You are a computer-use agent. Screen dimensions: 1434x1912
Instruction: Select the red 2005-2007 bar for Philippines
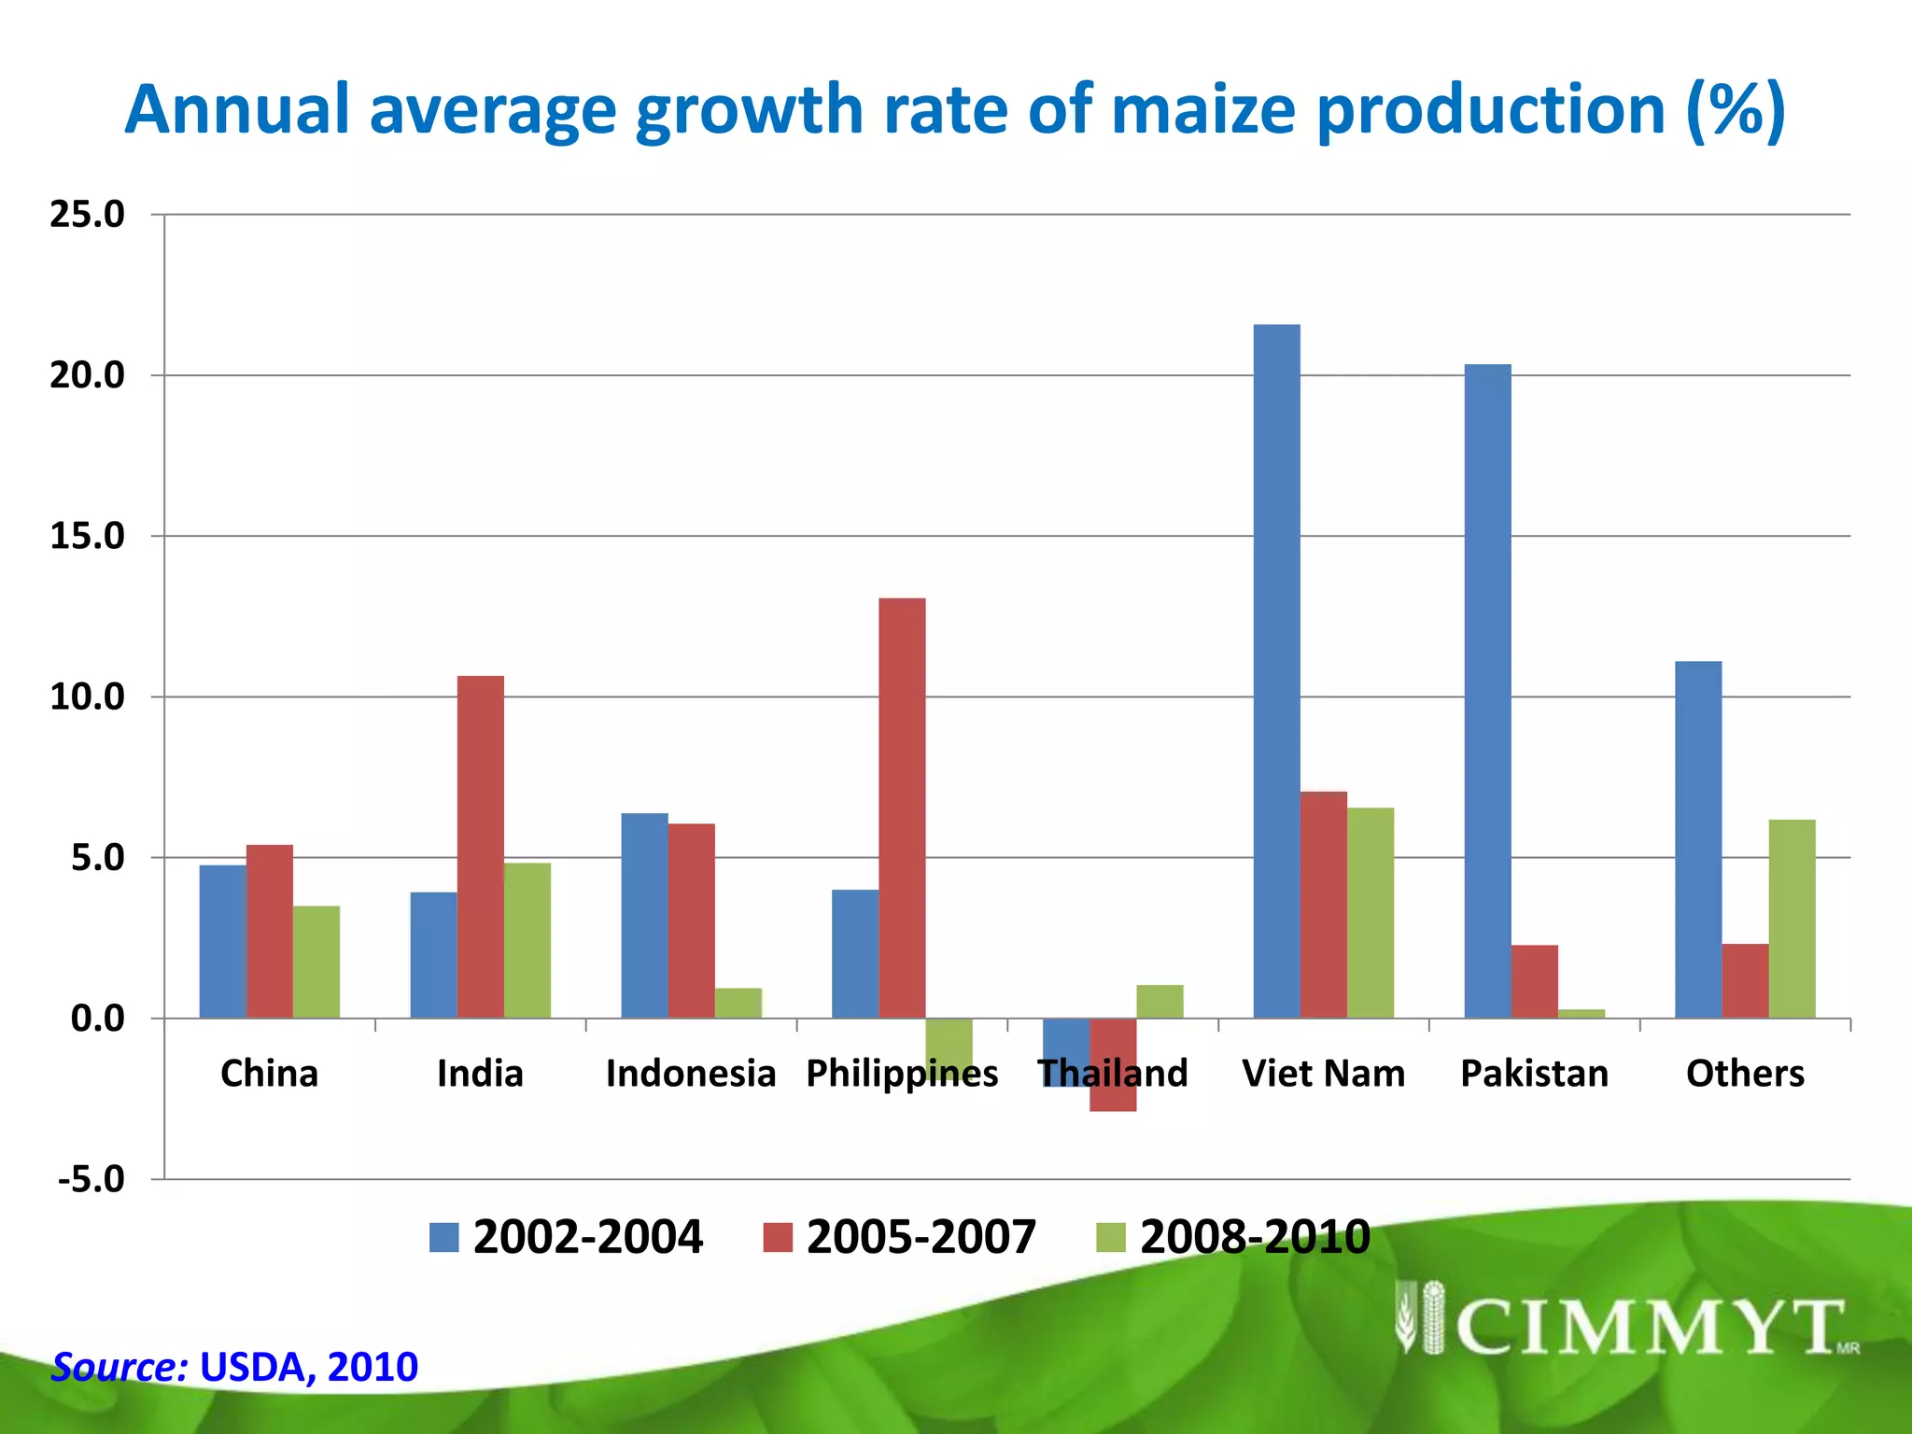(902, 808)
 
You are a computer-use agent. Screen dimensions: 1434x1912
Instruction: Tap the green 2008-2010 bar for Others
(1792, 919)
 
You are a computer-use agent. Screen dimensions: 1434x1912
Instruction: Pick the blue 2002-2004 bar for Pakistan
(1487, 691)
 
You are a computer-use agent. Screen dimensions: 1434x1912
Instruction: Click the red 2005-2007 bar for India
(480, 846)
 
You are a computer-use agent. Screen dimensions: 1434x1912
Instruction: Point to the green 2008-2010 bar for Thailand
(1160, 1002)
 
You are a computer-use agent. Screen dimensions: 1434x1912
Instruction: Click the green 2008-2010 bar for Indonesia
(738, 1004)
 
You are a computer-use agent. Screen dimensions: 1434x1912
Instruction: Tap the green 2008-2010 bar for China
(316, 962)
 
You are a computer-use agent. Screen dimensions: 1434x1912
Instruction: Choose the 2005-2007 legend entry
(900, 1237)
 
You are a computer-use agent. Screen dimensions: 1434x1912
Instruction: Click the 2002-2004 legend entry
(566, 1237)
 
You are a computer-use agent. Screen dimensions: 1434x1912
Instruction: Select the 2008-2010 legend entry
(1233, 1237)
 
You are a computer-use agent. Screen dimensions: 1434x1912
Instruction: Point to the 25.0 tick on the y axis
(87, 215)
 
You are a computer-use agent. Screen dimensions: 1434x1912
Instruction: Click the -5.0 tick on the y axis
(91, 1179)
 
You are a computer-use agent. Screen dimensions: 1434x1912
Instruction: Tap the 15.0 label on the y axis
(87, 536)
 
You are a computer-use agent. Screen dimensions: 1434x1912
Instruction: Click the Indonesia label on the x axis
(690, 1074)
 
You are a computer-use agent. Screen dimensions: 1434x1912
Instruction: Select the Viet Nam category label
(1323, 1074)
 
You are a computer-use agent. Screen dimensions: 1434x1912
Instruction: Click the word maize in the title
(1203, 109)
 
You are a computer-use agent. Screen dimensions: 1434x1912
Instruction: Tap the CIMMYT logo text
(1648, 1327)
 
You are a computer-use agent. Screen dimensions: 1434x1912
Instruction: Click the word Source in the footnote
(119, 1367)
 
